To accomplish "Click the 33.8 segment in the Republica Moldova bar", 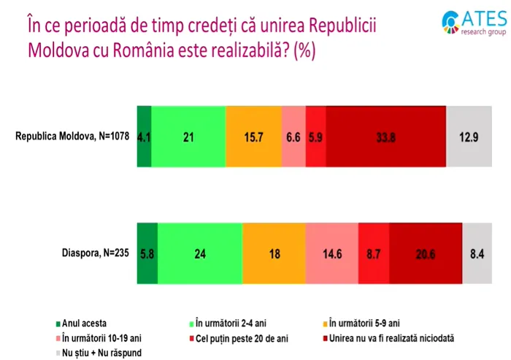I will coord(385,137).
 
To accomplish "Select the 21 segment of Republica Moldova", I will coord(188,137).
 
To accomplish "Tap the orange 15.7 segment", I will coord(253,137).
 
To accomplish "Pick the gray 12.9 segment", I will coord(469,137).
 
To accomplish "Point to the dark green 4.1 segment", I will coord(144,137).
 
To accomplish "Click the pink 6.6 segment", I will coord(293,137).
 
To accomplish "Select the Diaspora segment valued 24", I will coord(199,253).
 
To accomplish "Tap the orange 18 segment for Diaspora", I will coord(273,253).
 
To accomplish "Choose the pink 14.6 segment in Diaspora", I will coord(331,253).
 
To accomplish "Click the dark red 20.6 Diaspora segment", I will coord(426,253).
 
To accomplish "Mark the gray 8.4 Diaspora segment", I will coord(477,253).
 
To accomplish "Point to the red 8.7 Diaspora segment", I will coord(374,253).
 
